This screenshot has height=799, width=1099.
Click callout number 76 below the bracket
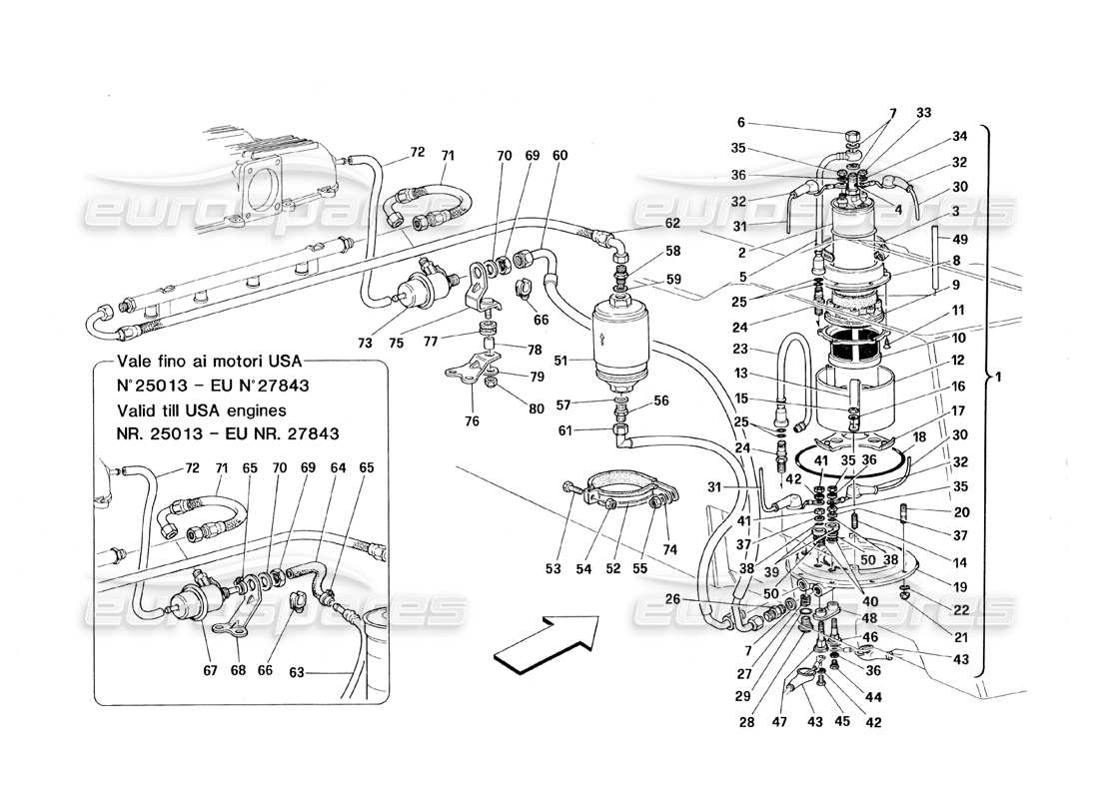coord(472,421)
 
